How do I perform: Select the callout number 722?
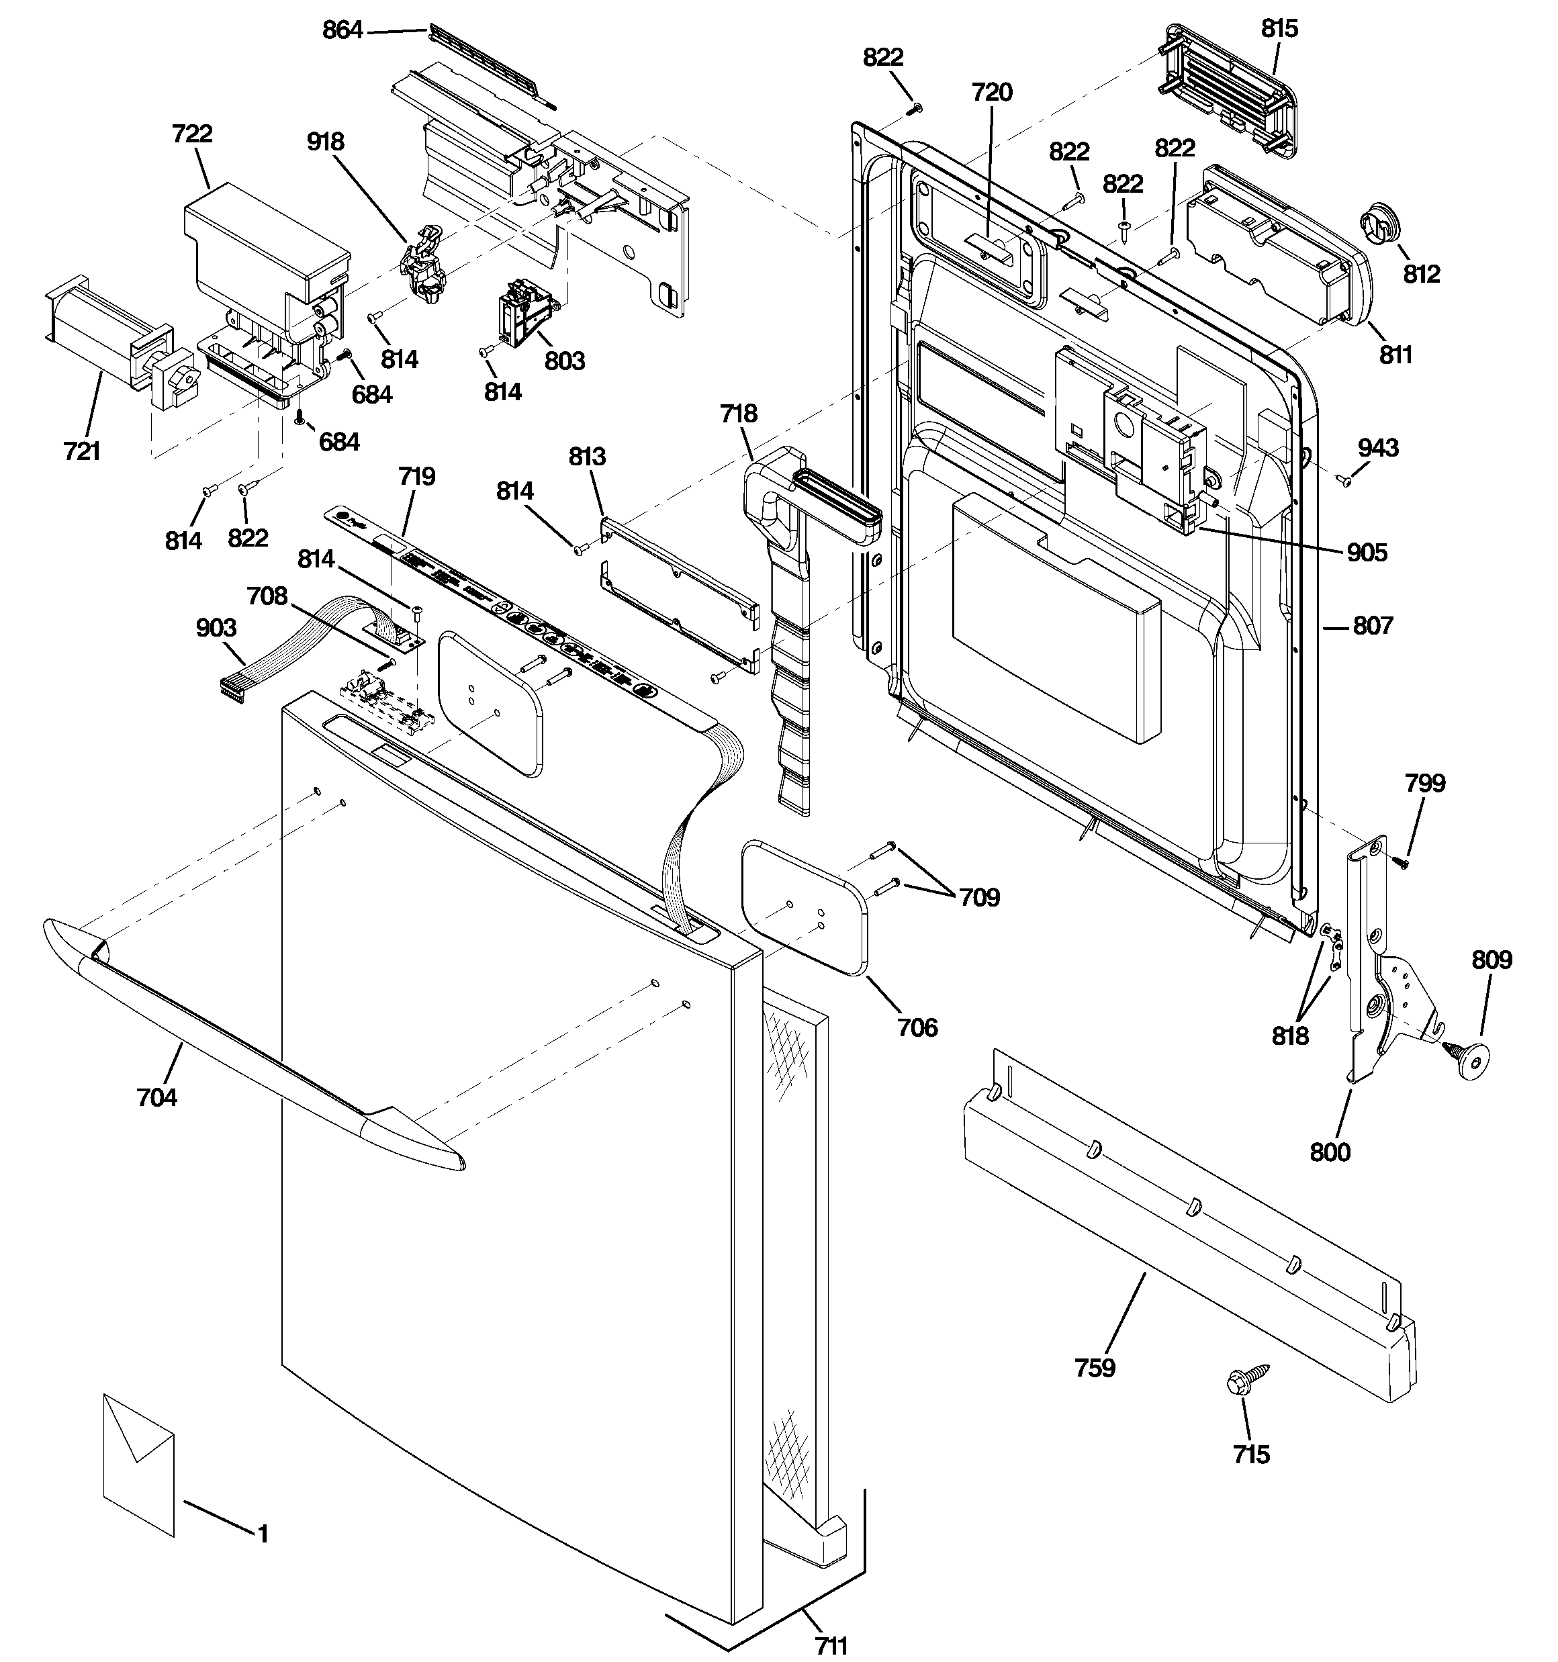click(192, 134)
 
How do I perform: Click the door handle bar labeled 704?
click(251, 1045)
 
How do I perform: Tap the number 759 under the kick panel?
click(1095, 1368)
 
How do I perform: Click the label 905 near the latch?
click(1367, 553)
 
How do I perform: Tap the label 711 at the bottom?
click(831, 1646)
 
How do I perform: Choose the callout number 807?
click(1373, 625)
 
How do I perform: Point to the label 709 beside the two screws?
click(978, 897)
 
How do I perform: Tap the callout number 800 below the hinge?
click(1330, 1153)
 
